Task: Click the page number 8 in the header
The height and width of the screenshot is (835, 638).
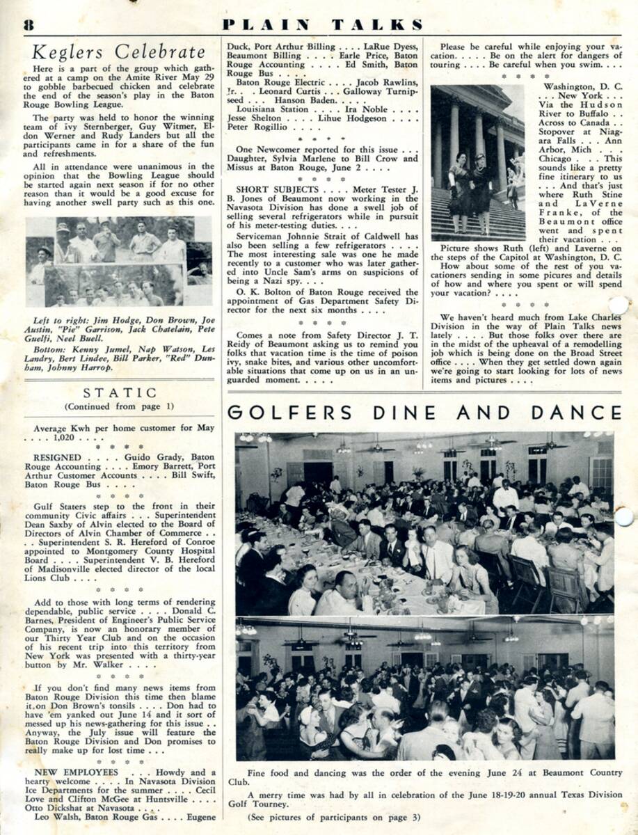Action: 29,25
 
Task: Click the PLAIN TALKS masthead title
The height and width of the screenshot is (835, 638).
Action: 322,25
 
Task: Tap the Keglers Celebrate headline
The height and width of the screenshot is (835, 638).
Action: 119,52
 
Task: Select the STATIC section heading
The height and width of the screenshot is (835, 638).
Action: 120,393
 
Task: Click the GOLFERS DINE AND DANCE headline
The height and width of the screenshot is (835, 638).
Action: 424,412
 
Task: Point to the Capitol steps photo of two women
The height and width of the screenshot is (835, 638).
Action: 477,163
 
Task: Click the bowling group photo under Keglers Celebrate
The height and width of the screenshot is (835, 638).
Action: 120,261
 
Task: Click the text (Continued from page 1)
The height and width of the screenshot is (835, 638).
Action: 119,406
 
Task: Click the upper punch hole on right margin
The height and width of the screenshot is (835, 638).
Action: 618,305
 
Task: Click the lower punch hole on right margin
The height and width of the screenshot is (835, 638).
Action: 624,516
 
